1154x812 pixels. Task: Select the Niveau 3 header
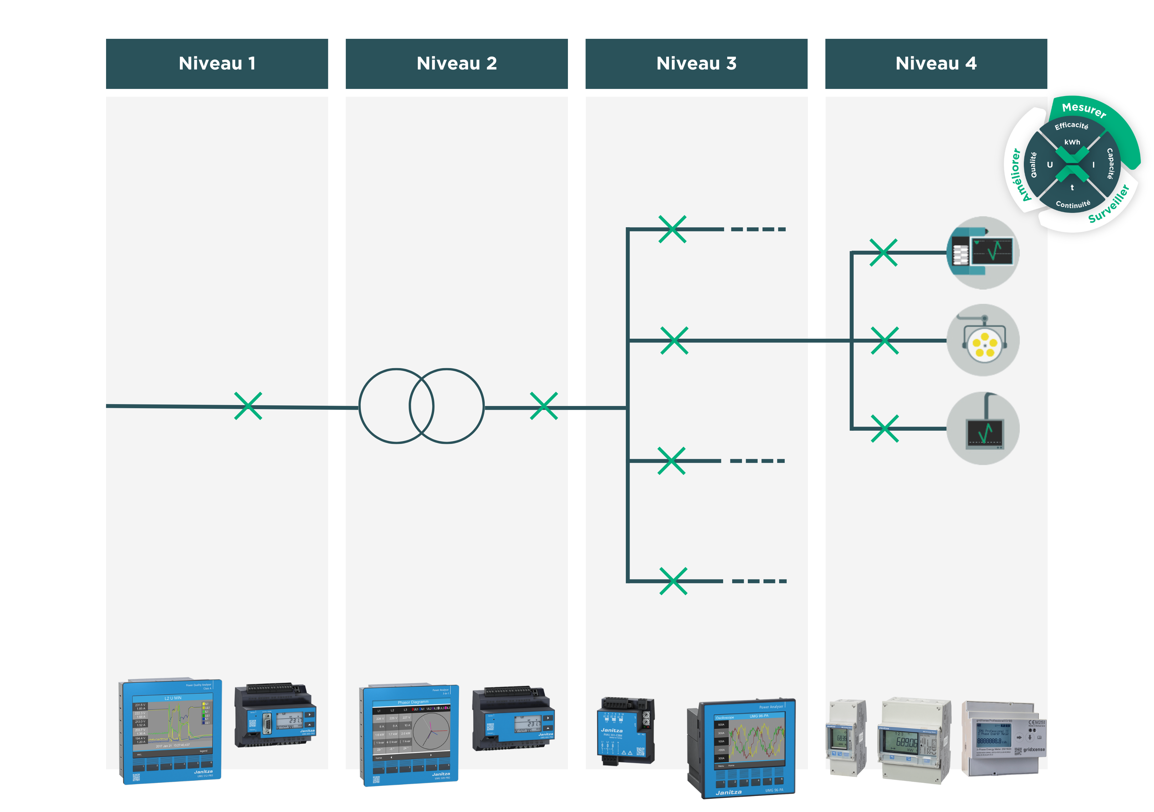point(696,63)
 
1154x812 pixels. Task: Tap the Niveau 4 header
point(936,63)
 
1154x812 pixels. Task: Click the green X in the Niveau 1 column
point(248,406)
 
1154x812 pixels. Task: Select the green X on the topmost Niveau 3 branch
point(672,229)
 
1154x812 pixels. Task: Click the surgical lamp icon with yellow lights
point(983,340)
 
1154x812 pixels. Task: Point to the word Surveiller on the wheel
point(1108,204)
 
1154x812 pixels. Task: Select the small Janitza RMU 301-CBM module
point(625,731)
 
